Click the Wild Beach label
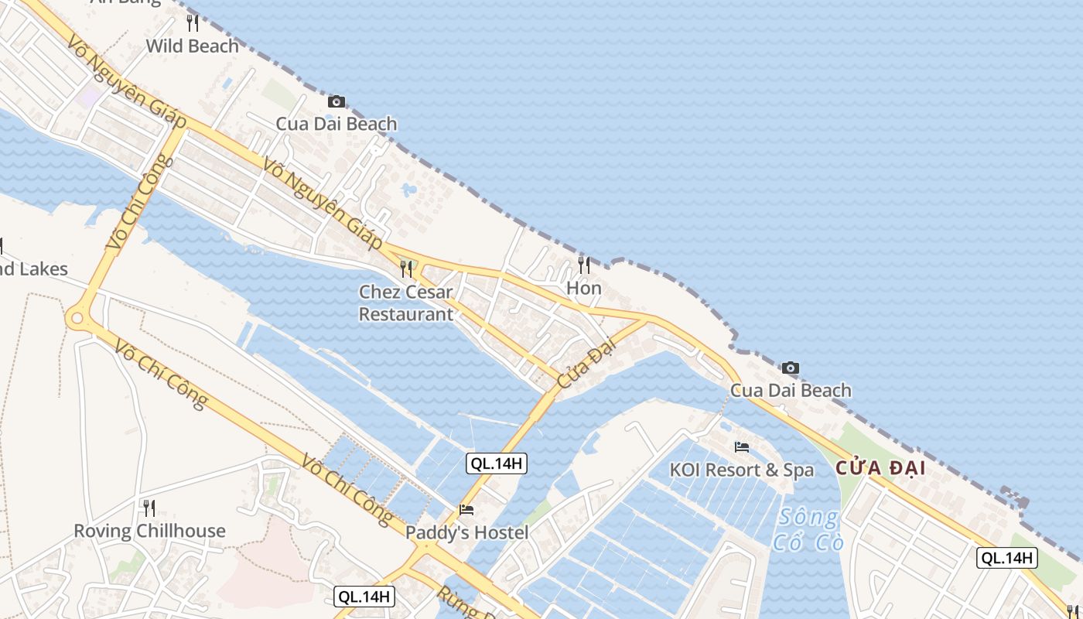[193, 46]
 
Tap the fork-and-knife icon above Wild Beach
[193, 23]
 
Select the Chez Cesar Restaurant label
[406, 303]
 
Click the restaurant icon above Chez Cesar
[406, 268]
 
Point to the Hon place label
[584, 288]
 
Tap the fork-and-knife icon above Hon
[584, 265]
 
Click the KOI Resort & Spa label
[742, 470]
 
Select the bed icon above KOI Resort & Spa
[742, 447]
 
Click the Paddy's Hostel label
[467, 532]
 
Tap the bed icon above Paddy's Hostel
[466, 510]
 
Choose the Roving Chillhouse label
[149, 531]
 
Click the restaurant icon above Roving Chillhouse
[149, 508]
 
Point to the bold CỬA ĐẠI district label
[880, 469]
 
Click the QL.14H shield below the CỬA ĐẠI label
[1006, 558]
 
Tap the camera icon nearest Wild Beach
[336, 101]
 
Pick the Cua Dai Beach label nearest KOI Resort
[791, 390]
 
